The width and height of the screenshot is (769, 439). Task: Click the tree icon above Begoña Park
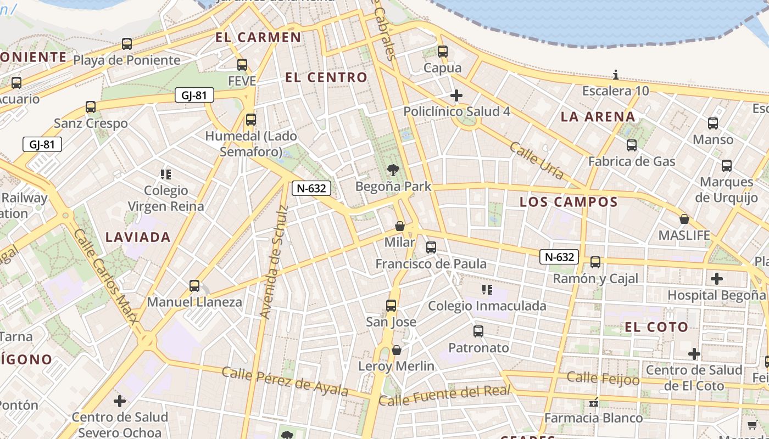[x=393, y=170]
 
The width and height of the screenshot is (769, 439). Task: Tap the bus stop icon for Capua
[x=443, y=52]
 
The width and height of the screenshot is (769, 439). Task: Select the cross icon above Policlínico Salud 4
[x=456, y=95]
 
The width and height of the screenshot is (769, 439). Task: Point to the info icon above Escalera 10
[x=616, y=75]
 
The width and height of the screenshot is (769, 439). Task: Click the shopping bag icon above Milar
[x=400, y=226]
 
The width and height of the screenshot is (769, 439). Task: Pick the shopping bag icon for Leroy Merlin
[x=397, y=350]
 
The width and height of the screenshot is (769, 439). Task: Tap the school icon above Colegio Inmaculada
[x=487, y=289]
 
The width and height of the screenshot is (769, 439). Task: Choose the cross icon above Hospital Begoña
[x=716, y=279]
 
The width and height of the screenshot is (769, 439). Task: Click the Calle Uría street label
[x=536, y=160]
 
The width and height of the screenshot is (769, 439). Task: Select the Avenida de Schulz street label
[x=274, y=262]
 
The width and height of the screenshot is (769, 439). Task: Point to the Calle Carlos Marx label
[x=105, y=277]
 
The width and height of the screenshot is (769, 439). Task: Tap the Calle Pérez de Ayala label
[x=285, y=381]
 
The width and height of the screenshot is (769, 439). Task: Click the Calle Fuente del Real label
[x=444, y=395]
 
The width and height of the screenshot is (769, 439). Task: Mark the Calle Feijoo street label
[x=603, y=378]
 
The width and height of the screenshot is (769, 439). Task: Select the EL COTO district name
[x=656, y=327]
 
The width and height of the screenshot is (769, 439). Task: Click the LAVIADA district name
[x=138, y=237]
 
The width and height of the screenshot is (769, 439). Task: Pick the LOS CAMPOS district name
[x=569, y=202]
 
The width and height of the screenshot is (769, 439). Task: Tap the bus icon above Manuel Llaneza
[x=194, y=286]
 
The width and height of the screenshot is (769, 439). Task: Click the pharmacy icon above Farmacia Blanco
[x=593, y=402]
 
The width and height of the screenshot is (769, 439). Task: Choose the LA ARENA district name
[x=598, y=116]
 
